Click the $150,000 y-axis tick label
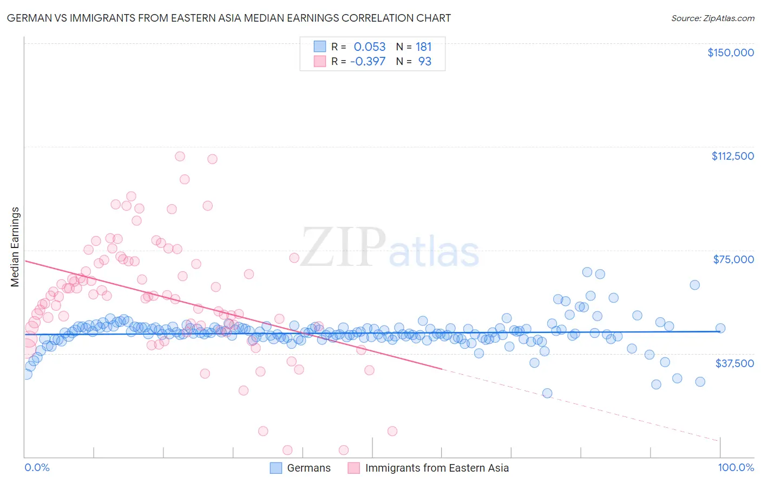pos(730,53)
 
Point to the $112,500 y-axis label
pos(732,156)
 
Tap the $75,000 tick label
pos(733,259)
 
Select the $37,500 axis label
pos(734,363)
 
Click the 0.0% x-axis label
pos(37,468)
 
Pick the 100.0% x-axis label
pos(736,468)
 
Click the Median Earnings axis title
pos(15,247)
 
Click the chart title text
pos(229,18)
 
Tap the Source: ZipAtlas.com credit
pos(712,18)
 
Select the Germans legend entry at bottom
pos(309,468)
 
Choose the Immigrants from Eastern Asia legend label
pos(437,468)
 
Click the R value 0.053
pos(370,47)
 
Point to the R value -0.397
pos(368,62)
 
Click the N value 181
pos(424,47)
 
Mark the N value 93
pos(425,62)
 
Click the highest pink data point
pos(180,156)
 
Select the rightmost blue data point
pos(720,328)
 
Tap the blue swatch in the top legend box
pos(320,47)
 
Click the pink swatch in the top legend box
pos(320,62)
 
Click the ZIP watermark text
pos(343,247)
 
